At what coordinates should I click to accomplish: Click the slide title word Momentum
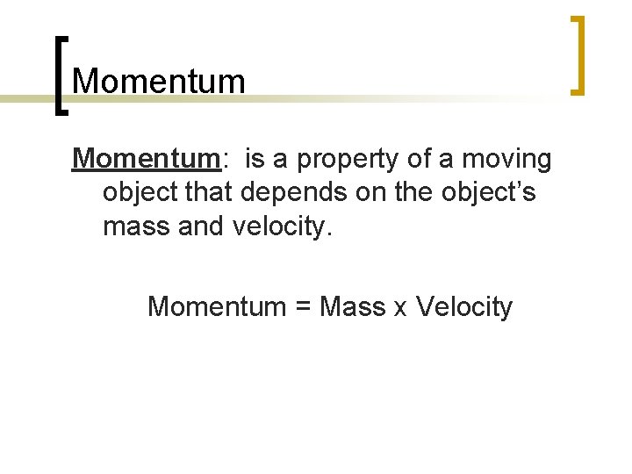[x=159, y=81]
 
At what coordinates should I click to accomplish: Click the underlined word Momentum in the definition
[x=146, y=159]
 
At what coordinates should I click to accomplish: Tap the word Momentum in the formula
[x=217, y=306]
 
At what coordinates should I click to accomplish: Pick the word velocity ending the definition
[x=282, y=226]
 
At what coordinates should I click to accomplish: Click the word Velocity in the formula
[x=464, y=306]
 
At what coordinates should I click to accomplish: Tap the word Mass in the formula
[x=353, y=306]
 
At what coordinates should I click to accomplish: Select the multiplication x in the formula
[x=401, y=309]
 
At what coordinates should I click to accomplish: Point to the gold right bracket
[x=578, y=54]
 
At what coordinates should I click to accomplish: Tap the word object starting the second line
[x=139, y=193]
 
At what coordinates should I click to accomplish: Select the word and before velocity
[x=203, y=226]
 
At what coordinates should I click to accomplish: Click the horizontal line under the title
[x=351, y=99]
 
